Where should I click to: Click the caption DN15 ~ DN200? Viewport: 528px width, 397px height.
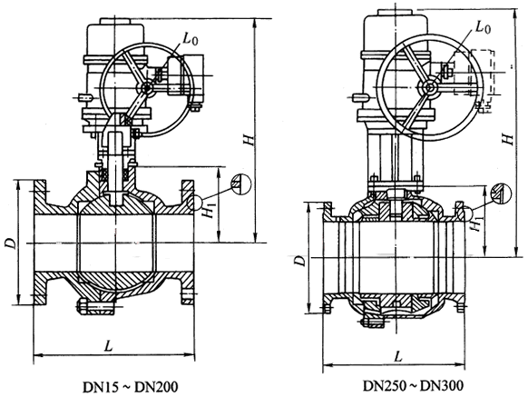[x=131, y=387]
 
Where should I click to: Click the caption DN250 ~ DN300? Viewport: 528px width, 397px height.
[x=413, y=385]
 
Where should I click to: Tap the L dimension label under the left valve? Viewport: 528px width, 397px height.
[x=108, y=345]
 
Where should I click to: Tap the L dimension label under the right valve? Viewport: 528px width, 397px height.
[x=398, y=355]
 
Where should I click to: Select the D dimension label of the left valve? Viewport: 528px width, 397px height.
[x=11, y=243]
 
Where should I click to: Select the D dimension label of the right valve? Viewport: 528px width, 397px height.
[x=299, y=260]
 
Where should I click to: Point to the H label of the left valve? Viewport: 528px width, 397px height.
[x=249, y=140]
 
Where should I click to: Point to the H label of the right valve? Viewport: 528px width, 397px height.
[x=507, y=139]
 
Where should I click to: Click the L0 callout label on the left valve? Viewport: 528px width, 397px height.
[x=191, y=38]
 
